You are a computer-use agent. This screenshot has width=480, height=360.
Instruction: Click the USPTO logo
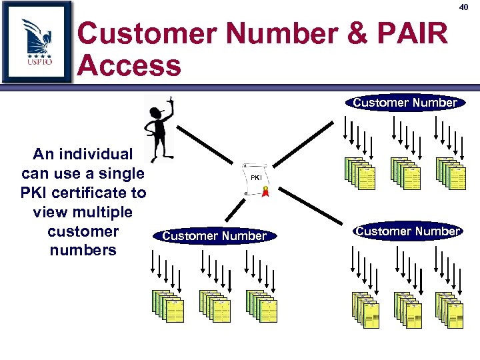(37, 41)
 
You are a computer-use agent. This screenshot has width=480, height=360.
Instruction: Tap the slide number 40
(464, 7)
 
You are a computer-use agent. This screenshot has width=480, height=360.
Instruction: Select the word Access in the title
(129, 65)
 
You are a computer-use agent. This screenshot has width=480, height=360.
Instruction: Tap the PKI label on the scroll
(256, 178)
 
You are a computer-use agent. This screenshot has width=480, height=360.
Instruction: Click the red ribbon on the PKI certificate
(265, 193)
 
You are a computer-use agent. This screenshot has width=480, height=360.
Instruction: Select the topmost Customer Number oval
(405, 103)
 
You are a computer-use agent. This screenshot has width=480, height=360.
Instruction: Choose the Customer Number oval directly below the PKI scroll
(214, 235)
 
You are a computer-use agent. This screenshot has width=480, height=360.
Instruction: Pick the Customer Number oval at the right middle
(407, 231)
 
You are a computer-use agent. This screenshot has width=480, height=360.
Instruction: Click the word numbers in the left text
(83, 251)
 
